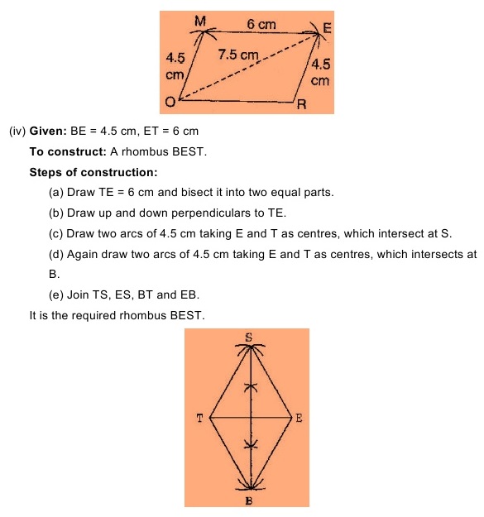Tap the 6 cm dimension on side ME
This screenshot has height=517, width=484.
click(x=262, y=25)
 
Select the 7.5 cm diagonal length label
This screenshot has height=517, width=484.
click(x=238, y=55)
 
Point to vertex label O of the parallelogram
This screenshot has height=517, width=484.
click(x=169, y=102)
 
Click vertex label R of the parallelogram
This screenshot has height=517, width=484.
click(x=303, y=105)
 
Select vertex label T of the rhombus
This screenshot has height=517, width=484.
click(x=199, y=418)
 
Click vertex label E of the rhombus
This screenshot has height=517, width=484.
click(x=300, y=418)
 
